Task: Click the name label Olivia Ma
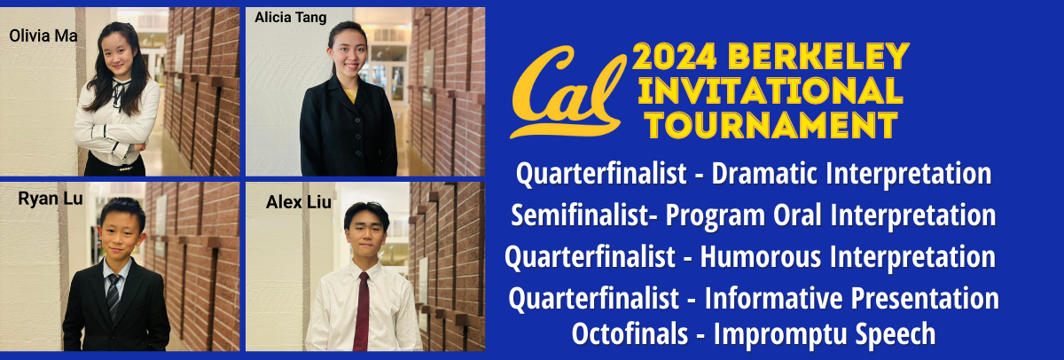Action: pos(43,35)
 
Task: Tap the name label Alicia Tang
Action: pos(291,18)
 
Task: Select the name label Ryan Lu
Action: pos(51,199)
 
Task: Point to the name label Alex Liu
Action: pos(298,202)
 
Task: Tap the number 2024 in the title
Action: pos(675,57)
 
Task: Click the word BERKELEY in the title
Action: pos(818,57)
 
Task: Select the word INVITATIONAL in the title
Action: pos(770,90)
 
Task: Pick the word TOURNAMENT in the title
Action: pos(771,125)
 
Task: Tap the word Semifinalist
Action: pos(580,215)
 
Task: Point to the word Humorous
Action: pos(761,257)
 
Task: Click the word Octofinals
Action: pos(630,333)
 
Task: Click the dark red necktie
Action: pos(361,311)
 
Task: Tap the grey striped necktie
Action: pos(113,295)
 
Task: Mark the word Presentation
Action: pos(925,298)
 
